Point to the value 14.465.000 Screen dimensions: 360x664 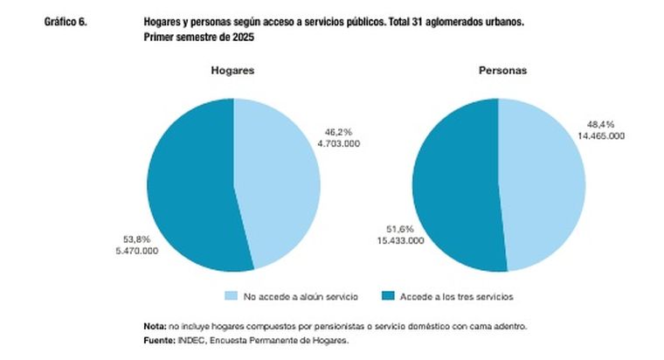(x=600, y=136)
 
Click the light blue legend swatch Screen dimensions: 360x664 (x=232, y=296)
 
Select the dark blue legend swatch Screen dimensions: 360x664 (x=389, y=296)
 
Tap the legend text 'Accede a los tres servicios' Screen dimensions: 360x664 (x=454, y=296)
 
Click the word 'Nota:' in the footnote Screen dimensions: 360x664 (x=155, y=326)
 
